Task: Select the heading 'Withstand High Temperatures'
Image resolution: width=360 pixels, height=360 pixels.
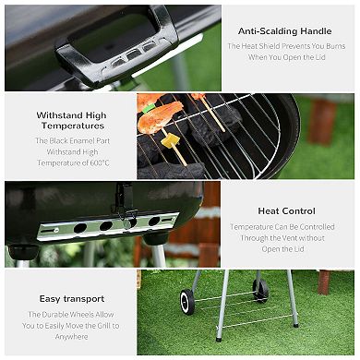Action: click(71, 121)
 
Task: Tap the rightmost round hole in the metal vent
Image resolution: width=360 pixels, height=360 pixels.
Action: click(153, 221)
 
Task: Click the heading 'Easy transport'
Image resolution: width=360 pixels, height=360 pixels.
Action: click(71, 299)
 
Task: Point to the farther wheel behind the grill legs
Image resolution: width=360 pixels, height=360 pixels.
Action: click(260, 290)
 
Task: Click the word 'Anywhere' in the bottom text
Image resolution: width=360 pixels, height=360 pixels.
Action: click(71, 337)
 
